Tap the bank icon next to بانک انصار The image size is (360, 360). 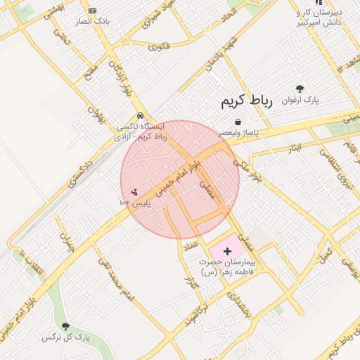93,11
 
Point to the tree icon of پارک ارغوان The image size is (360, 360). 300,89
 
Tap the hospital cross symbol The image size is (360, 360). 226,251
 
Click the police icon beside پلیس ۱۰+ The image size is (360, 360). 134,191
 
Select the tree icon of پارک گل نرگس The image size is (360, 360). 65,326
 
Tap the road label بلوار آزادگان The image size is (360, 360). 120,77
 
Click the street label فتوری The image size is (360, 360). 159,46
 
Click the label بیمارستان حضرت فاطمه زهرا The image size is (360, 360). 229,267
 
